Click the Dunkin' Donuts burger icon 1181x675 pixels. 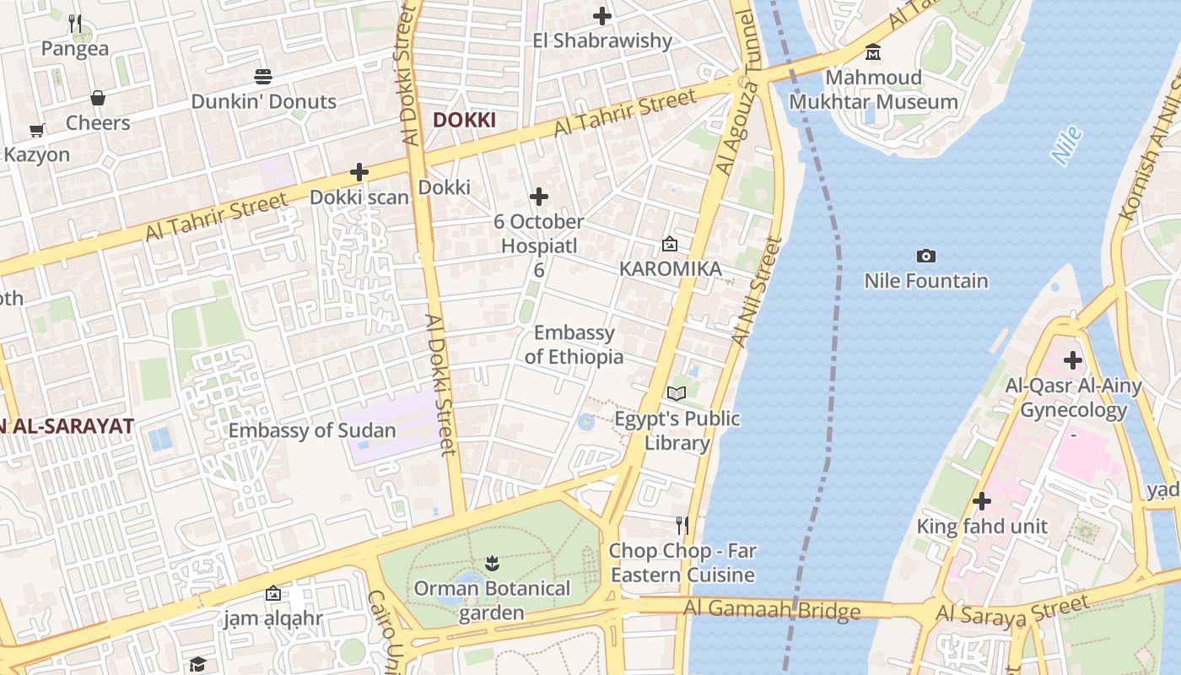tap(263, 77)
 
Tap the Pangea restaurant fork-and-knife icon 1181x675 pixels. tap(75, 24)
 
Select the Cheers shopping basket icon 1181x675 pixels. tap(98, 98)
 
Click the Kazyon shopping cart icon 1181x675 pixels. tap(36, 130)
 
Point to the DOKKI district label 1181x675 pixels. tap(464, 120)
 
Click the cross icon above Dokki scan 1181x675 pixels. tap(359, 172)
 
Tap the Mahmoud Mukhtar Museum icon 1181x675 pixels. tap(873, 52)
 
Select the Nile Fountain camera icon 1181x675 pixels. tap(925, 256)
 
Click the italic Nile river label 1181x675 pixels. tap(1066, 144)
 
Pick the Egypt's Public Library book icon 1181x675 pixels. tap(677, 393)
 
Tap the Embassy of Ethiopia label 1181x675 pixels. tap(574, 344)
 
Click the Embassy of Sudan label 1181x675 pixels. tap(312, 430)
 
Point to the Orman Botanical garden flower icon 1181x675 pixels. tap(492, 563)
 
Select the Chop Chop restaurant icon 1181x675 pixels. tap(682, 526)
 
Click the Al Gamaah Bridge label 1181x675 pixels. tap(772, 609)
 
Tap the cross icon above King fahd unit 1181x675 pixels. tap(981, 501)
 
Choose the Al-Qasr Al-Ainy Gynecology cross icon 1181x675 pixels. tap(1072, 360)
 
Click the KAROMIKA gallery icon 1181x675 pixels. tap(670, 244)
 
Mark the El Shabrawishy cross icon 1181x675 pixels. tap(602, 15)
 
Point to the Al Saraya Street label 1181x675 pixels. tap(1012, 609)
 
